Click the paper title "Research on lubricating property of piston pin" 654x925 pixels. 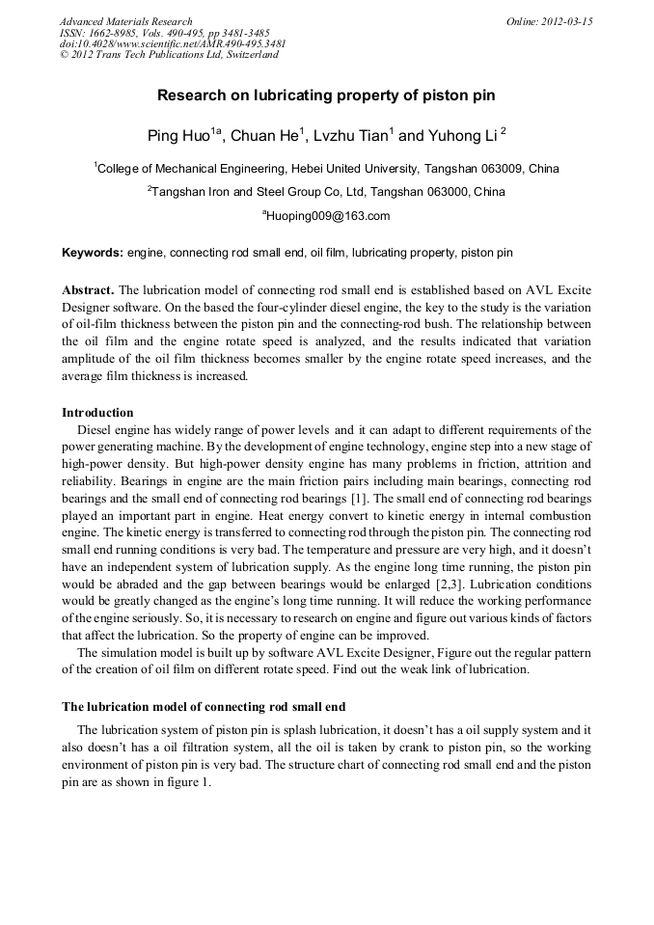tap(326, 96)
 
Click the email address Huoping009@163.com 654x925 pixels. tap(327, 216)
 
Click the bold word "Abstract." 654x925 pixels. tap(88, 289)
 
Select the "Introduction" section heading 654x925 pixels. tap(97, 413)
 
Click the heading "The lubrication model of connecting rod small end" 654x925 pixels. tap(204, 707)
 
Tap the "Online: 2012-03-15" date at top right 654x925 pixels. tap(549, 21)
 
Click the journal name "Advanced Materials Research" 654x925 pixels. tap(125, 21)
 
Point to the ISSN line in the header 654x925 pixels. tap(164, 33)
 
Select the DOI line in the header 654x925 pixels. tap(172, 43)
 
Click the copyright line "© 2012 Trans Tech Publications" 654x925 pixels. tap(169, 55)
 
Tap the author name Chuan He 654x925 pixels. tap(265, 135)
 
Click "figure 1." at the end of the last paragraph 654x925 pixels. tap(188, 782)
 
